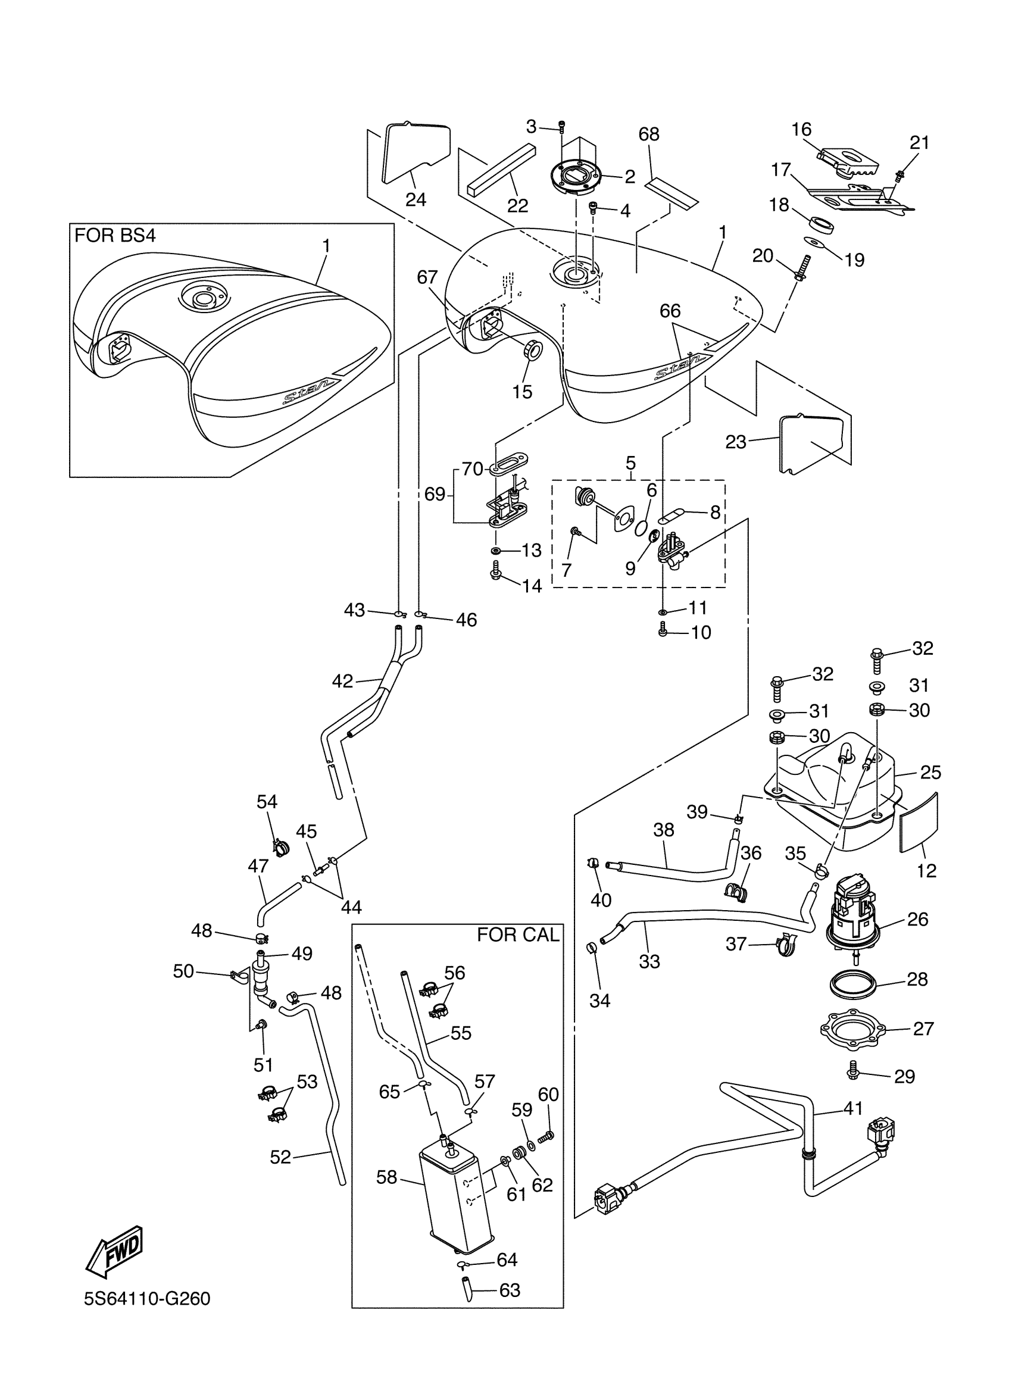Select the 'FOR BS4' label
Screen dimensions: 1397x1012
[114, 235]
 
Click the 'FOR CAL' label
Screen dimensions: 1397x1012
[518, 935]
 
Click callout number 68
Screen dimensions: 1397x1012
[649, 135]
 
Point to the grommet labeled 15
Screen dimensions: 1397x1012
[532, 351]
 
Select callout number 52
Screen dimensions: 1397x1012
[280, 1157]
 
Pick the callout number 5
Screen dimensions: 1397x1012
[631, 462]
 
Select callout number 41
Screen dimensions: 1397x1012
[853, 1109]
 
